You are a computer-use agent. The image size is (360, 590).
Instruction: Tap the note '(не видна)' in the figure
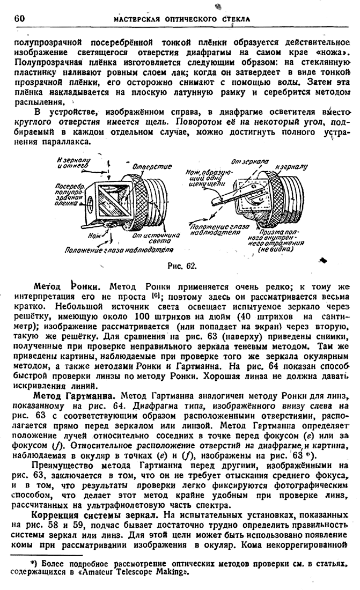click(x=276, y=249)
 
